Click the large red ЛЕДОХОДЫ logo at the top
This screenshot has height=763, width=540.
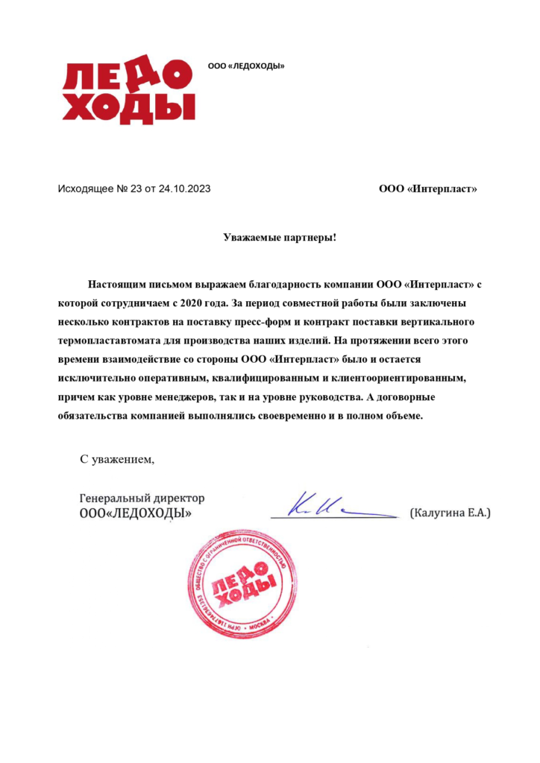coord(128,92)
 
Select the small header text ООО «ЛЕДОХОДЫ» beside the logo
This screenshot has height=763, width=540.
coord(246,66)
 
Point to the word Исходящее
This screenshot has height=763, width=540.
coord(86,189)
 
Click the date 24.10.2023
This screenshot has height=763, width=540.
coord(184,189)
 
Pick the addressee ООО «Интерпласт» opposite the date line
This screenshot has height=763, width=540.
coord(427,189)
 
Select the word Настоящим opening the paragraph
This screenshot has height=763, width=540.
coord(117,285)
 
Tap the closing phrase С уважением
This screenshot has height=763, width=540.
coord(117,459)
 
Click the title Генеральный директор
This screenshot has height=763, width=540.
coord(142,498)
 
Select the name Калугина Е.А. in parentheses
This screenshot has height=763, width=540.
coord(450,513)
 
